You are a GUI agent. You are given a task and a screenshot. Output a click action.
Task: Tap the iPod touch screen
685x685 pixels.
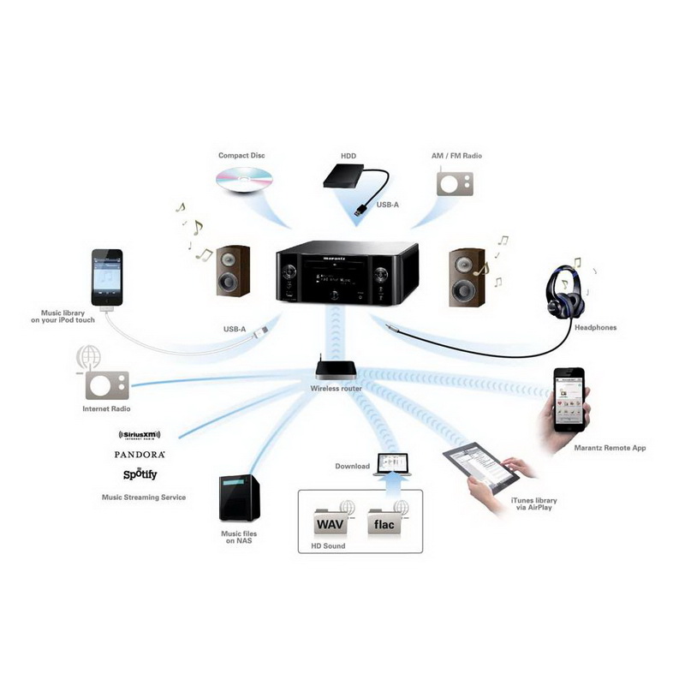[107, 276]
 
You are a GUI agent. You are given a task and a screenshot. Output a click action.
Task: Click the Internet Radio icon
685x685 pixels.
[107, 384]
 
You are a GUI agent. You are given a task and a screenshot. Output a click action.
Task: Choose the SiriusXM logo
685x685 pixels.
[140, 436]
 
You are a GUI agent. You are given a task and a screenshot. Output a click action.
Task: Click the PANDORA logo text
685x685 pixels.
[140, 455]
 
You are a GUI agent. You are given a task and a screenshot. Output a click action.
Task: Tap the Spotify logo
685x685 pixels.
[140, 474]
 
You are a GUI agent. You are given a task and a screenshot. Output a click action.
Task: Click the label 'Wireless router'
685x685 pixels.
[336, 389]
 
